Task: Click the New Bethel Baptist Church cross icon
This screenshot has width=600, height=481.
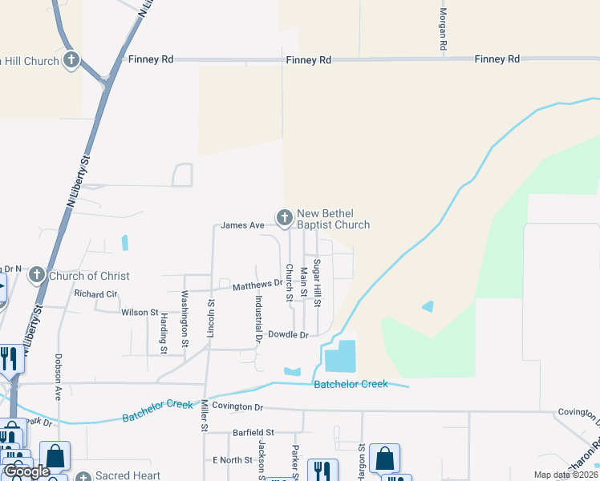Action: tap(284, 216)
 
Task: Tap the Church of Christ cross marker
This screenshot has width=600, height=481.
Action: tap(36, 277)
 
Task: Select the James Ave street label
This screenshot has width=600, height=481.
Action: tap(242, 225)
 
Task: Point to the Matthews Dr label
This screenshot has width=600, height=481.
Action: tap(257, 285)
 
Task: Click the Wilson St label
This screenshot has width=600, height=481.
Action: tap(140, 312)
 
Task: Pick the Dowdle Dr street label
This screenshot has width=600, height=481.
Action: tap(288, 334)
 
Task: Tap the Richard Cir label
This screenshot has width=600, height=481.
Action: tap(95, 294)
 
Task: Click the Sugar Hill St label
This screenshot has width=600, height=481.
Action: tap(317, 283)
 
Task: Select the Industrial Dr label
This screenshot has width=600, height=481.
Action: tap(258, 319)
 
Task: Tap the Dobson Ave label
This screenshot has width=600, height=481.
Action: tap(59, 378)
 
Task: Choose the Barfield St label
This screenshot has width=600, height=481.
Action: tap(253, 432)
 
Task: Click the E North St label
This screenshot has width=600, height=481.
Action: tap(233, 460)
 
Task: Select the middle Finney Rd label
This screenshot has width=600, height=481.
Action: tap(309, 60)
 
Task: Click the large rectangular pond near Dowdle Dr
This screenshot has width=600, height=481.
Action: tap(340, 356)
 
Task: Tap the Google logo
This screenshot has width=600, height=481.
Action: tap(26, 472)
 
